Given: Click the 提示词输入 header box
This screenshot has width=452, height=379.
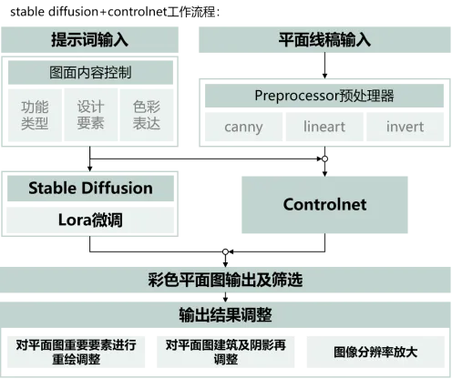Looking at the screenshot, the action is click(89, 40).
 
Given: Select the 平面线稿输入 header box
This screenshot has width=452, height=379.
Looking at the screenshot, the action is click(324, 40).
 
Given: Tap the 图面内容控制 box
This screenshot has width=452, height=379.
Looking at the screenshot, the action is click(90, 73).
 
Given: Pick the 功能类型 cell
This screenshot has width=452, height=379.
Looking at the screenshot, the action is click(35, 115).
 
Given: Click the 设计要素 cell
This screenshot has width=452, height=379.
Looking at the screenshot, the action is click(91, 115).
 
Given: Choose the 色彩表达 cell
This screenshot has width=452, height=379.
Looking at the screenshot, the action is click(147, 115).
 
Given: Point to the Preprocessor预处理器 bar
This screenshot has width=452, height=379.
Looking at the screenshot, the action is click(324, 96).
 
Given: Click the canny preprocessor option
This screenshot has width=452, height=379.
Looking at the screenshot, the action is click(243, 127).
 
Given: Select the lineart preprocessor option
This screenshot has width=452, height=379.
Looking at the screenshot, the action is click(324, 127).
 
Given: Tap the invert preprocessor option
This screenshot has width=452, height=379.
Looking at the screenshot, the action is click(406, 127).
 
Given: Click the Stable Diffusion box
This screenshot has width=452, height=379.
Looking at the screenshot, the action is click(90, 189).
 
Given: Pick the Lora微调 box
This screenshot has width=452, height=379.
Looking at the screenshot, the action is click(90, 220).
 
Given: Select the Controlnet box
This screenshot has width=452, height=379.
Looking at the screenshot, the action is click(324, 205).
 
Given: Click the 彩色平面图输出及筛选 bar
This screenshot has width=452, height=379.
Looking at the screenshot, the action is click(225, 280).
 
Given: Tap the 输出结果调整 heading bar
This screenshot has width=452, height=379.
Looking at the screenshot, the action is click(225, 314).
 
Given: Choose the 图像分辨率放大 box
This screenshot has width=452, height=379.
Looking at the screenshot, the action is click(375, 352).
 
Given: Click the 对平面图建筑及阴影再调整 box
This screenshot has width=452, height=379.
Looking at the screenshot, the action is click(226, 352).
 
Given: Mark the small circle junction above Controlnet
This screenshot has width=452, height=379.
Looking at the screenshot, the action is click(324, 159).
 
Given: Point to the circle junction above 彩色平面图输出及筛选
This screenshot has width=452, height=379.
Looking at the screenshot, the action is click(225, 251).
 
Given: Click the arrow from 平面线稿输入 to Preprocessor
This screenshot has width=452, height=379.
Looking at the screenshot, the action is click(324, 66).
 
